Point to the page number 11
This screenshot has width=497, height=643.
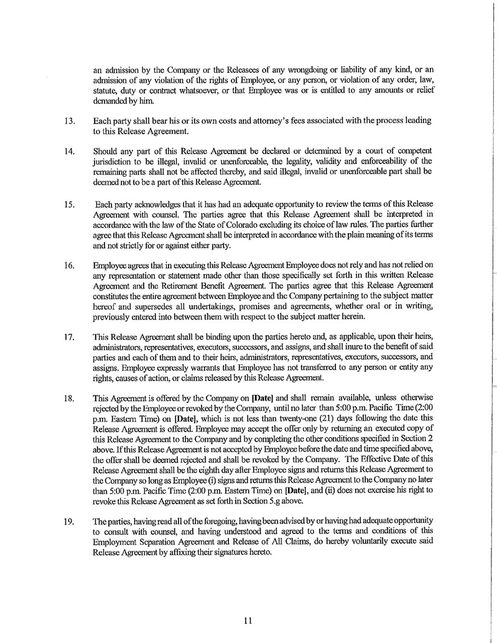[x=248, y=619]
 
